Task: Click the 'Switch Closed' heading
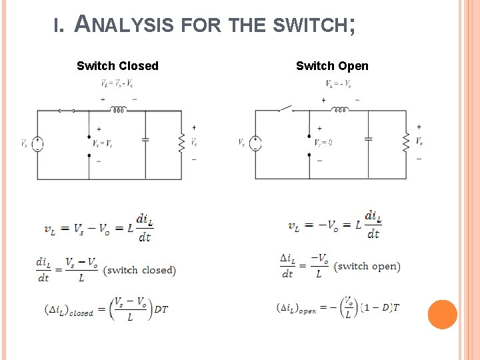pyautogui.click(x=117, y=66)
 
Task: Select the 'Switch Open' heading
pyautogui.click(x=332, y=66)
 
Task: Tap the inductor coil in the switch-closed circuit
pyautogui.click(x=120, y=111)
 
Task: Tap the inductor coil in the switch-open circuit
pyautogui.click(x=340, y=110)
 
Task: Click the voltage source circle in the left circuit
pyautogui.click(x=38, y=143)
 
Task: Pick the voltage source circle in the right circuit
pyautogui.click(x=257, y=143)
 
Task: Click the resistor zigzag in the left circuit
pyautogui.click(x=181, y=141)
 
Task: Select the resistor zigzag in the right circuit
pyautogui.click(x=406, y=141)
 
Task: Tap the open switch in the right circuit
pyautogui.click(x=285, y=108)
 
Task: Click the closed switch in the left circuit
pyautogui.click(x=66, y=111)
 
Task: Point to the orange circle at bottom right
pyautogui.click(x=442, y=314)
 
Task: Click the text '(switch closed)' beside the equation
pyautogui.click(x=141, y=270)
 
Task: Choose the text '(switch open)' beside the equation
pyautogui.click(x=368, y=266)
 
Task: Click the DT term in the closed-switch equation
pyautogui.click(x=161, y=309)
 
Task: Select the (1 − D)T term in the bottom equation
pyautogui.click(x=380, y=307)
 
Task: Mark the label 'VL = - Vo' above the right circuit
pyautogui.click(x=339, y=84)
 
